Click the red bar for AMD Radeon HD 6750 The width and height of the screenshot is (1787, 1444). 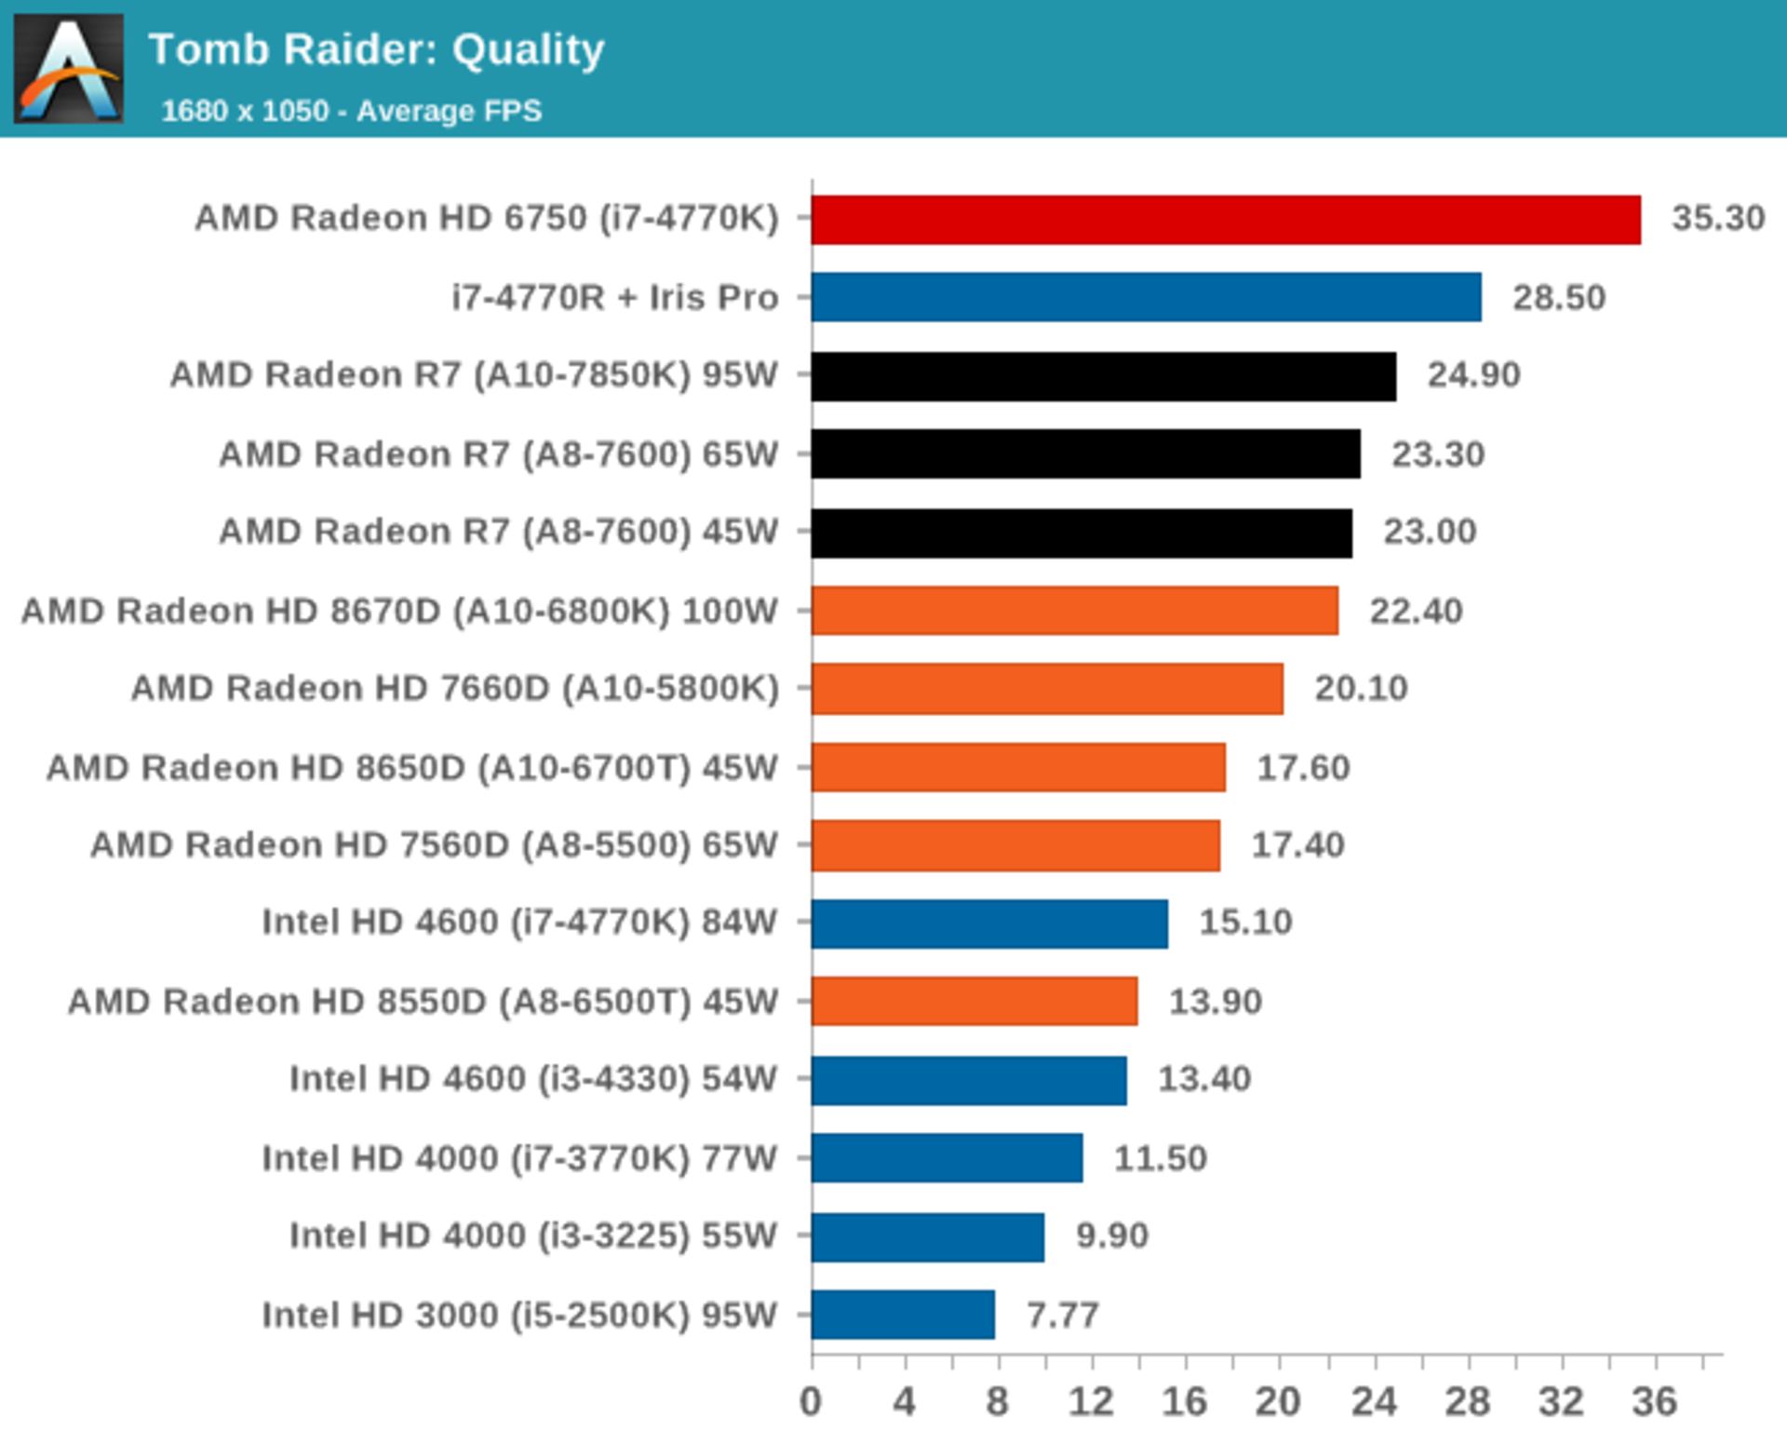tap(1225, 220)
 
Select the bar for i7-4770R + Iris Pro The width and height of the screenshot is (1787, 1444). tap(1146, 297)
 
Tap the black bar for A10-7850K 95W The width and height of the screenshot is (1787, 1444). tap(1103, 376)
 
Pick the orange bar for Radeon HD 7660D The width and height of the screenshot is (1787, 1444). tap(1047, 689)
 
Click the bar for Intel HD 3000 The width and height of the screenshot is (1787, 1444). tap(903, 1315)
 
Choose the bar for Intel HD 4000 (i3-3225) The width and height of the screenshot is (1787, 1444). tap(928, 1236)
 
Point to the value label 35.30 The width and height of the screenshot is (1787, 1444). tap(1717, 219)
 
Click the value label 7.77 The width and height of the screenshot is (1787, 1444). tap(1062, 1316)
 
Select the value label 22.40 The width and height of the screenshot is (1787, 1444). tap(1416, 612)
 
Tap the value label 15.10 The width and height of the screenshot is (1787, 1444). tap(1245, 923)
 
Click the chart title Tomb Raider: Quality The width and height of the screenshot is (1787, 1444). tap(377, 49)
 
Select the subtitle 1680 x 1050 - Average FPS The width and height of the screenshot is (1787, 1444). tap(351, 112)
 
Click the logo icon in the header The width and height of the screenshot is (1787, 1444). tap(69, 68)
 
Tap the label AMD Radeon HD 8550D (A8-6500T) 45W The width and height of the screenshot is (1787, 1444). tap(423, 1002)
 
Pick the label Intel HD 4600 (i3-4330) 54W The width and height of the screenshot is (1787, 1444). tap(532, 1079)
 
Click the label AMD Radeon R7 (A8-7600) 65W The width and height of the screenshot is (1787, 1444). tap(498, 454)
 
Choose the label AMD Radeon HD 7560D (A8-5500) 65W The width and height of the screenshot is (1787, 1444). tap(434, 845)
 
